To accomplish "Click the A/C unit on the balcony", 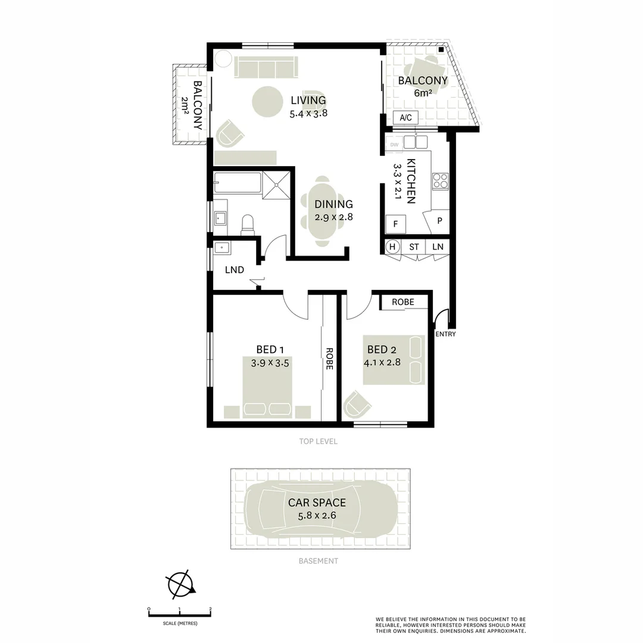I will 405,118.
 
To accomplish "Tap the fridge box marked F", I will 395,225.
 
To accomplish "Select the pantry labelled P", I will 439,221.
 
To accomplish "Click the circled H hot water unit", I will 392,246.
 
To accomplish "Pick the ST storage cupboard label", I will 414,246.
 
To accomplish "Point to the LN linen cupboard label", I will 438,246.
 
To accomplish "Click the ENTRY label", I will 445,334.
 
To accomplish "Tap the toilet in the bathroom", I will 247,224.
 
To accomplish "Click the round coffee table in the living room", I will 267,102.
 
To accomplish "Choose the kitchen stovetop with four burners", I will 440,181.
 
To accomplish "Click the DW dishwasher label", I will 394,145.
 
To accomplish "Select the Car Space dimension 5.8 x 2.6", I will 317,515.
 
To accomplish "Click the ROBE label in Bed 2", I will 402,302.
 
